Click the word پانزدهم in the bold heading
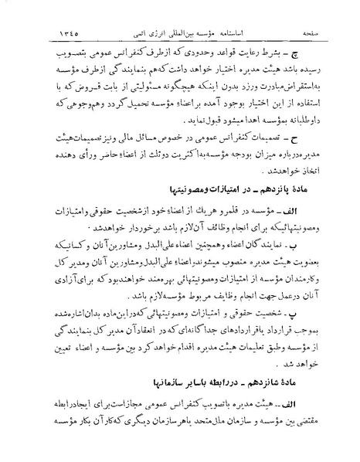pos(262,209)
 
